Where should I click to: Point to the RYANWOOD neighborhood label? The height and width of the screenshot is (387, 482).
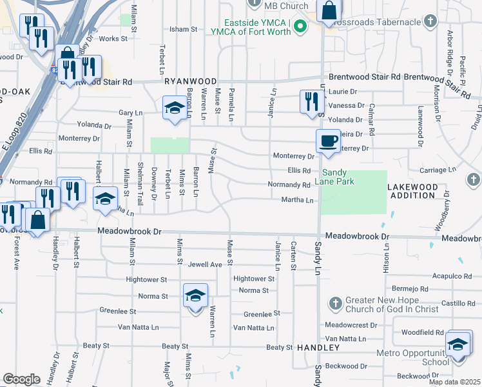[190, 81]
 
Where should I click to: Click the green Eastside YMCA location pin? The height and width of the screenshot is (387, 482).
[300, 26]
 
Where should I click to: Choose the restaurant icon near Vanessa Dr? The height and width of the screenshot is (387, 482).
[311, 101]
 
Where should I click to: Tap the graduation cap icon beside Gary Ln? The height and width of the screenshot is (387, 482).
[174, 109]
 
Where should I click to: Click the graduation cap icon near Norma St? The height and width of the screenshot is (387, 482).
[195, 296]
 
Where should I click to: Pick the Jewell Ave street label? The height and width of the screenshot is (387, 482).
[205, 264]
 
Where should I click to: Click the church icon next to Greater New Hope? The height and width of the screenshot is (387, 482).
[334, 303]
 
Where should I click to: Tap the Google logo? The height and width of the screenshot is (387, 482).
[21, 379]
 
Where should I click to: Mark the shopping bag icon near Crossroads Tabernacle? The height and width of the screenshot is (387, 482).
[329, 11]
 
